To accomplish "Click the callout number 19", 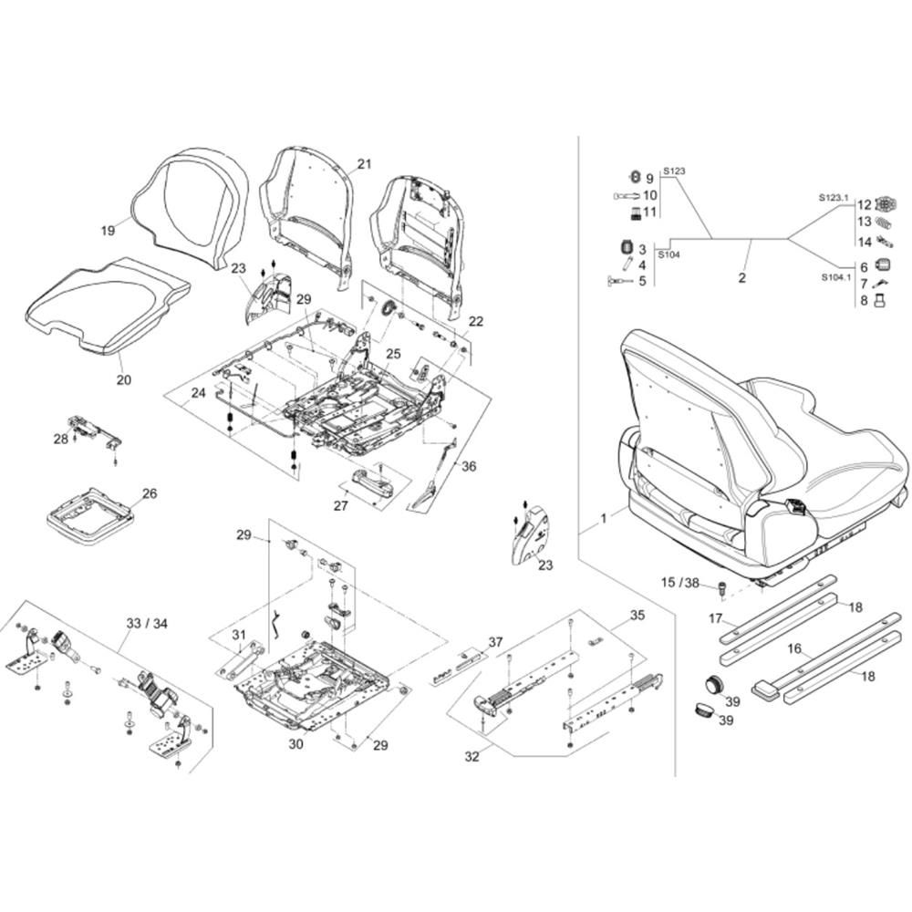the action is tap(108, 231).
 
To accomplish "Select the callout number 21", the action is tap(365, 164).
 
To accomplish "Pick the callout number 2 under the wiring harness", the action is tap(742, 278).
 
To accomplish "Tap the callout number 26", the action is tap(149, 493).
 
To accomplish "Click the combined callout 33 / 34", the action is tap(148, 624).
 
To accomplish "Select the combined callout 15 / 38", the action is tap(680, 582).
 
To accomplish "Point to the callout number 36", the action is tap(469, 466).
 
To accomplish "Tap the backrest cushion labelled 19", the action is tap(192, 205).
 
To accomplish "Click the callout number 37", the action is tap(494, 642).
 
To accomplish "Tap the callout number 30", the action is tap(295, 744).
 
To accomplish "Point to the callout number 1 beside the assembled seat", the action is tap(603, 518).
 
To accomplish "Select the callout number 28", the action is tap(60, 440).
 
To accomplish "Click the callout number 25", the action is tap(393, 353).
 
